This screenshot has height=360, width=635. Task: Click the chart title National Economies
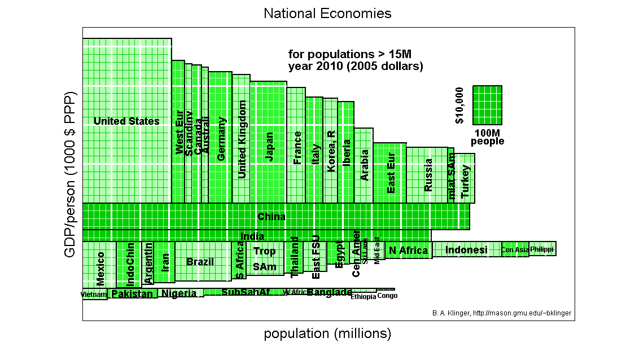tap(327, 13)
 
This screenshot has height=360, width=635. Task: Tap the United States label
tap(126, 121)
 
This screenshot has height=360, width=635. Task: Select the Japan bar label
tap(269, 147)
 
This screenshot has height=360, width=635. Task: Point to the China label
tap(271, 217)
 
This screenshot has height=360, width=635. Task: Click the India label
tap(252, 236)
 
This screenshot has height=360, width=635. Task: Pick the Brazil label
tap(200, 262)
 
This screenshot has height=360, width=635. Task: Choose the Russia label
tap(428, 175)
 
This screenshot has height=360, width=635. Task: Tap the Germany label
tap(221, 139)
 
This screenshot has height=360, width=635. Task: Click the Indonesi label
tap(466, 250)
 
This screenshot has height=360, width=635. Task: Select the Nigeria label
tap(179, 293)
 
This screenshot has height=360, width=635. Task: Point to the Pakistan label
tap(132, 294)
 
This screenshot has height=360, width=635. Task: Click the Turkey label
tap(466, 181)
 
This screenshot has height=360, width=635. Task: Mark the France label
tap(297, 148)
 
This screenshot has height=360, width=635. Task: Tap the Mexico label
tap(100, 269)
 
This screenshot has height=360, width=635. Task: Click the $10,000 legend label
tap(459, 106)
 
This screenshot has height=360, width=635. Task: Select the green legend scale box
tap(487, 105)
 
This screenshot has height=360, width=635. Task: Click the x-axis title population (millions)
tap(327, 334)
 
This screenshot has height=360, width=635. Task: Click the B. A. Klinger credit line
tap(501, 313)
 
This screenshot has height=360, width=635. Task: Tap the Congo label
tap(387, 296)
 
